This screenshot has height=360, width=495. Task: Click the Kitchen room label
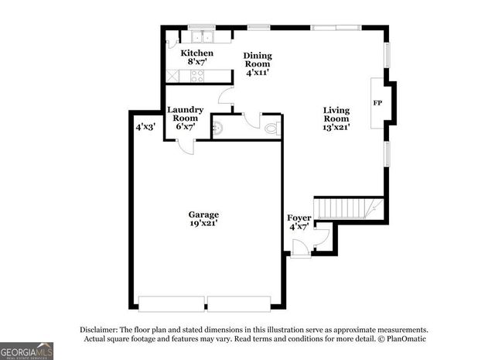tap(197, 53)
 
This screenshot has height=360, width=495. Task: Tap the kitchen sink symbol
tap(202, 36)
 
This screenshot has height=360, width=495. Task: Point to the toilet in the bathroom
tap(271, 129)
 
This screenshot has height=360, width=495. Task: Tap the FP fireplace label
tap(377, 103)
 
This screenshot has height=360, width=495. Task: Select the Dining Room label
tap(258, 56)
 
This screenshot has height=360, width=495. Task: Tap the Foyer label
tap(299, 218)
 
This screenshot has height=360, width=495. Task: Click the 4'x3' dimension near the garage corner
tap(145, 127)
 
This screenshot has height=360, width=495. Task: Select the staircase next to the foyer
tap(351, 207)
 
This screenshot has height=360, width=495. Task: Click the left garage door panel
tap(172, 303)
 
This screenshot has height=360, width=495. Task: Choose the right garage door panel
tap(239, 303)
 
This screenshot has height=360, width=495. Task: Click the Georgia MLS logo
tap(27, 351)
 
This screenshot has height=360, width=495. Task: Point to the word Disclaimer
tap(101, 329)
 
